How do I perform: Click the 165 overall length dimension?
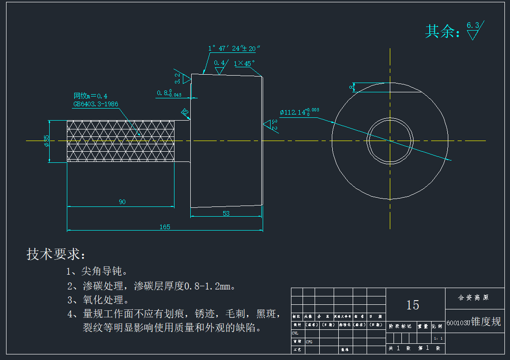(165, 227)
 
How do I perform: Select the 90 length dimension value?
(122, 202)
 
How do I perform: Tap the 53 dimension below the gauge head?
(226, 213)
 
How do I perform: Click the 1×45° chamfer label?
(244, 63)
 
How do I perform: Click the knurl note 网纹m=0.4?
(90, 96)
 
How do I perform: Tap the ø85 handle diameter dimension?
(46, 141)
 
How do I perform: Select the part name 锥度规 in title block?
(486, 322)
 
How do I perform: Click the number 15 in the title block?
(413, 305)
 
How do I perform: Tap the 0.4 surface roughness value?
(219, 63)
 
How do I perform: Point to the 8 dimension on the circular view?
(351, 87)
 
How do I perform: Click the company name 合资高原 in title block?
(473, 297)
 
